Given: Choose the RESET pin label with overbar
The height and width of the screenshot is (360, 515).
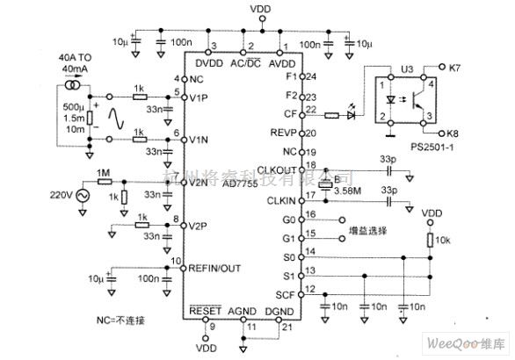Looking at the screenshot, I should tap(207, 312).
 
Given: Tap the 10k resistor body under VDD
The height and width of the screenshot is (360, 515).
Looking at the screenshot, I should tap(430, 241).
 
